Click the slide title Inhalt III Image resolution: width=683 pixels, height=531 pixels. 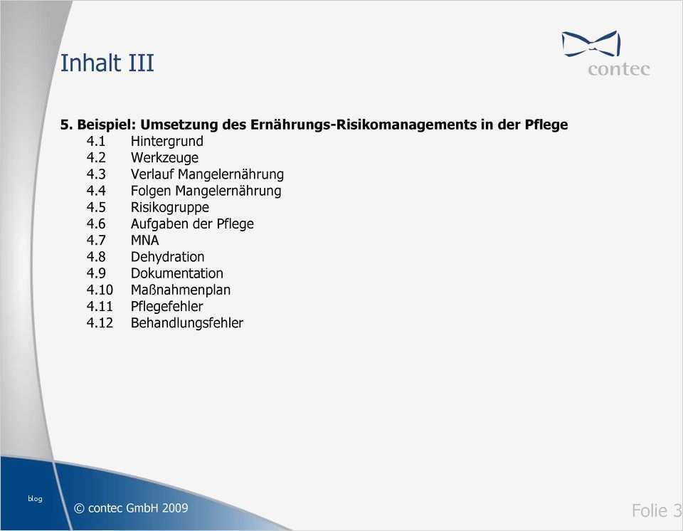coord(107,63)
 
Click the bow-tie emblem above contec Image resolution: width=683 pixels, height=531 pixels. coord(591,43)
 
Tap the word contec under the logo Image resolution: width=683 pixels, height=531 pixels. coord(618,69)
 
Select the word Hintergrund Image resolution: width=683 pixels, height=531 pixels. coord(166,141)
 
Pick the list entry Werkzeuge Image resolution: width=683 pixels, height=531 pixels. coord(164,157)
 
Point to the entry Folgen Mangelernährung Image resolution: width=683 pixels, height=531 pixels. coord(206,191)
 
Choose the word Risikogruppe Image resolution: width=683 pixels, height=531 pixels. coord(169,207)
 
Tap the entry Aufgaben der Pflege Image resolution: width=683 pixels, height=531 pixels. coord(192,224)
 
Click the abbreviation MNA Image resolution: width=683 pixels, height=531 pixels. coord(144,240)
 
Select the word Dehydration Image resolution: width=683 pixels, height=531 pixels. coord(167,257)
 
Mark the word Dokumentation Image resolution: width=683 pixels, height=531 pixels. coord(176,273)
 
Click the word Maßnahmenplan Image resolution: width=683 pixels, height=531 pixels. coord(180,290)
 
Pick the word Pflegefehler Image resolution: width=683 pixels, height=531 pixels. coord(166,306)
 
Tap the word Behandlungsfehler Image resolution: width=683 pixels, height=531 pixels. coord(186,323)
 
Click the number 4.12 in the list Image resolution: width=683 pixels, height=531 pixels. coord(100,323)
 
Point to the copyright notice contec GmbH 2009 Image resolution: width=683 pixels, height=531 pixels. coord(131,508)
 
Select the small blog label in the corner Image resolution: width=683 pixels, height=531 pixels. coord(35,498)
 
